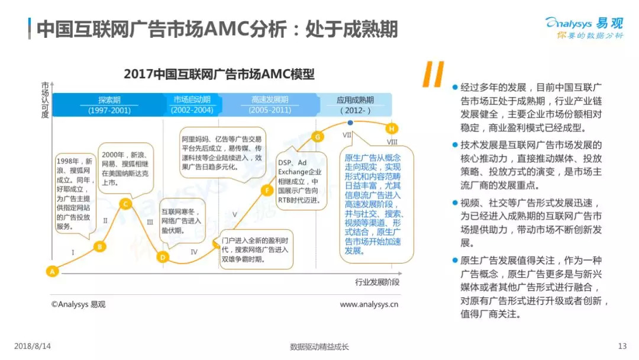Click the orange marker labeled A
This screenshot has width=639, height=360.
click(52, 272)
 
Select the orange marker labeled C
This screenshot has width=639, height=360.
click(124, 204)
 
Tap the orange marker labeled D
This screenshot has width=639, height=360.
click(163, 257)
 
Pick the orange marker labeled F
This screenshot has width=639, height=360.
click(267, 190)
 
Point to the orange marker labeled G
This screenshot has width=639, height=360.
click(318, 137)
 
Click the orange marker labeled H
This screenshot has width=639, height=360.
click(391, 128)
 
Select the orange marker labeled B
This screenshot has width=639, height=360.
click(100, 247)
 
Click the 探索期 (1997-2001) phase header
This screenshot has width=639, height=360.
click(109, 105)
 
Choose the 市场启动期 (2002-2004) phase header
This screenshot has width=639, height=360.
click(192, 105)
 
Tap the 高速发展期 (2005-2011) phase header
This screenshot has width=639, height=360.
click(269, 105)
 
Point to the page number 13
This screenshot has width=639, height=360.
click(622, 346)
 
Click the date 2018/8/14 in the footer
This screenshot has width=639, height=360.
click(33, 346)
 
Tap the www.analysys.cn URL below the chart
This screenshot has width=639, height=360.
click(369, 304)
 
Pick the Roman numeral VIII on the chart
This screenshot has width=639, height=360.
click(392, 142)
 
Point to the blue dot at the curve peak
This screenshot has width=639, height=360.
click(350, 123)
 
